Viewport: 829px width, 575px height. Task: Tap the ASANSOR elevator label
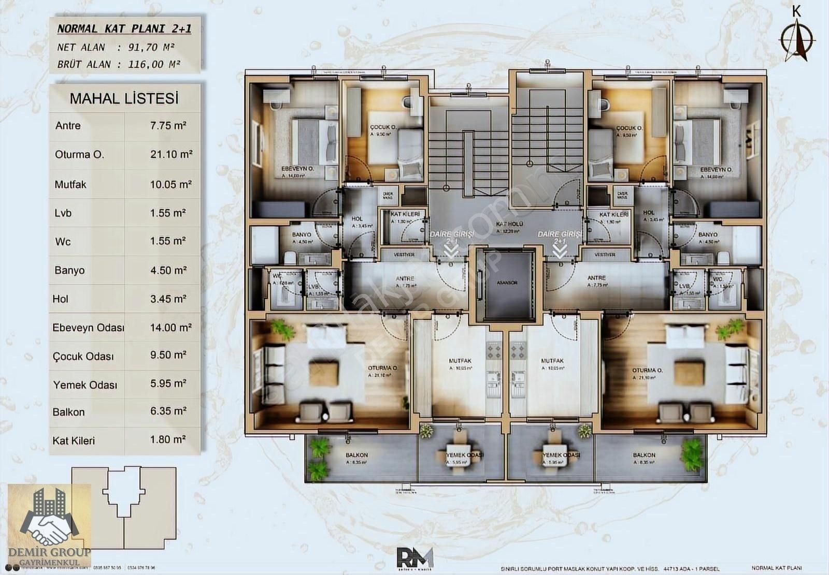(x=507, y=283)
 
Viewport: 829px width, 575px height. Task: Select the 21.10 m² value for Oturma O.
(x=171, y=154)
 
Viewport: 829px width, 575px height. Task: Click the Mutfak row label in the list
(x=70, y=184)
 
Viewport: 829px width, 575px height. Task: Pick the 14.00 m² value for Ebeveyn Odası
(x=171, y=328)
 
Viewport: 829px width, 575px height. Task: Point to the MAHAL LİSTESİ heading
(x=124, y=98)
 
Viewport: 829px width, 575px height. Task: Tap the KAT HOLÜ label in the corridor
(x=509, y=224)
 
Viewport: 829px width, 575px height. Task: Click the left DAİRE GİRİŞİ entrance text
(x=451, y=234)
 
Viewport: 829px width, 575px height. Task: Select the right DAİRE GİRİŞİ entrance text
(x=560, y=234)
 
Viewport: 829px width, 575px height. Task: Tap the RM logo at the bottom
(x=414, y=557)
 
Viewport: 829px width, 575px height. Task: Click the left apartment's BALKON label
(x=356, y=455)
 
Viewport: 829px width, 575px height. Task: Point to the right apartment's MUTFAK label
(x=552, y=361)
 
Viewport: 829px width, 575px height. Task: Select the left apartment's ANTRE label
(x=405, y=278)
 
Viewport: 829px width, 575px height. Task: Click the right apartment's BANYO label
(x=707, y=234)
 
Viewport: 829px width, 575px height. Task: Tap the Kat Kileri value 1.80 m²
(x=168, y=439)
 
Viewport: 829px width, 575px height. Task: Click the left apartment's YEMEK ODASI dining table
(x=459, y=455)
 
